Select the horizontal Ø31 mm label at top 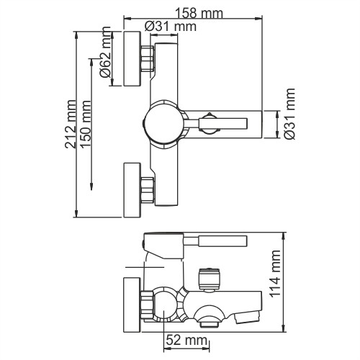[x=171, y=27]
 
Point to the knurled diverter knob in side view [x=208, y=278]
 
